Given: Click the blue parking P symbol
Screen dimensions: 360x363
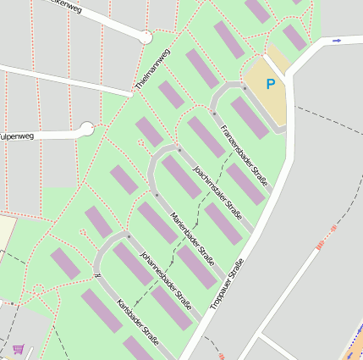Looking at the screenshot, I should [x=271, y=84].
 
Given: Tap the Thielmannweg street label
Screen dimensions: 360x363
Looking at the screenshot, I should [x=153, y=69].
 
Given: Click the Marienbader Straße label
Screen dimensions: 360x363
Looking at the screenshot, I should [x=192, y=235].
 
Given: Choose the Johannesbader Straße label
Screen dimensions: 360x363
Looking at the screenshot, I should [x=165, y=280].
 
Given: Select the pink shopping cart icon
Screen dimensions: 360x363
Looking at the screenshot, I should [x=19, y=349].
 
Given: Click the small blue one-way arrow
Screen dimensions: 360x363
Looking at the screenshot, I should [x=337, y=41].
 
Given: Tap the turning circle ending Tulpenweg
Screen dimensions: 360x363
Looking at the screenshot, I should [x=85, y=129].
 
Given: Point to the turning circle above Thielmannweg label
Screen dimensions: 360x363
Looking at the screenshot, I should [x=146, y=37].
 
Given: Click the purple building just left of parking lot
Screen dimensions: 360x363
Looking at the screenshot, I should [x=249, y=117].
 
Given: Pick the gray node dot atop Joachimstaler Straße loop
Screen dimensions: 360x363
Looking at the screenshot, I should [x=179, y=150].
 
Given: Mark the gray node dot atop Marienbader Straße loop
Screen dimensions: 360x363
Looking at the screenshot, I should [x=157, y=195].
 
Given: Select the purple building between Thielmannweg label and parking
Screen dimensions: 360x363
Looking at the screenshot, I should [x=202, y=68].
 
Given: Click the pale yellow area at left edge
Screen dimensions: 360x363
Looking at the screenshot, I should [x=7, y=230].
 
